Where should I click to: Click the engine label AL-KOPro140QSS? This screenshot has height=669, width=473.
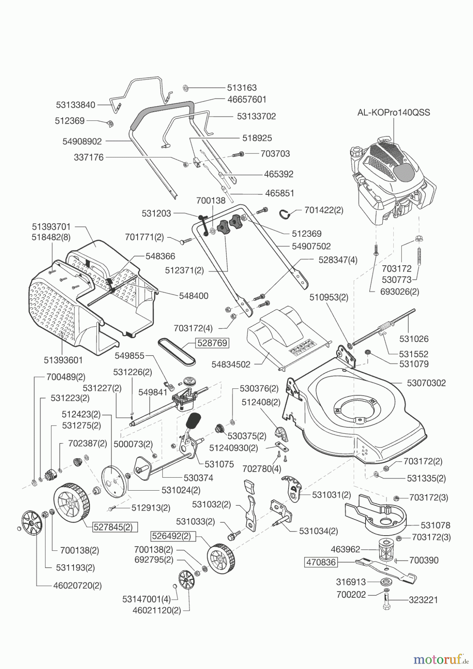coord(393,112)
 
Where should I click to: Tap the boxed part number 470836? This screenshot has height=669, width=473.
coord(321,562)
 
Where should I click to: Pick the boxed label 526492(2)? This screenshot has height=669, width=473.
coord(171,536)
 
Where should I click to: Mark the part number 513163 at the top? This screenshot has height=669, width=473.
coord(242,88)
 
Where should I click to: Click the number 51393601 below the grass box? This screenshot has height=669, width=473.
coord(63,360)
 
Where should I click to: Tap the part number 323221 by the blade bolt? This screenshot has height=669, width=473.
coord(423,600)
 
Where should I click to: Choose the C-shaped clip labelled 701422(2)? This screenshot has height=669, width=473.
coord(286,214)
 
